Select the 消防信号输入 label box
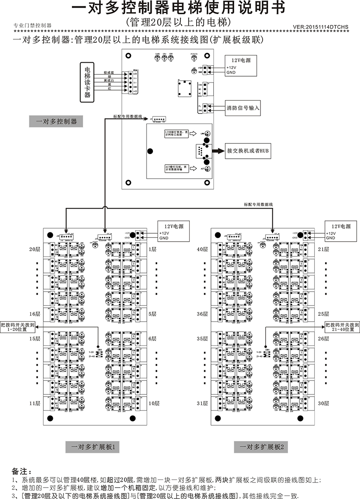click(243, 108)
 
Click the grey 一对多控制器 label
click(56, 121)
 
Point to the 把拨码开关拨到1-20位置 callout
click(18, 326)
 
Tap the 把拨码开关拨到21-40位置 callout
click(342, 326)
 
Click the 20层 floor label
click(35, 249)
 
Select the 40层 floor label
click(202, 249)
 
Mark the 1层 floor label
click(152, 249)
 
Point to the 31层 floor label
click(202, 403)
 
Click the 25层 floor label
click(323, 314)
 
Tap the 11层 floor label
click(35, 403)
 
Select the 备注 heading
click(22, 471)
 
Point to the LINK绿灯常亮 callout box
click(176, 134)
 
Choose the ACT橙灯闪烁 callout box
click(176, 168)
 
